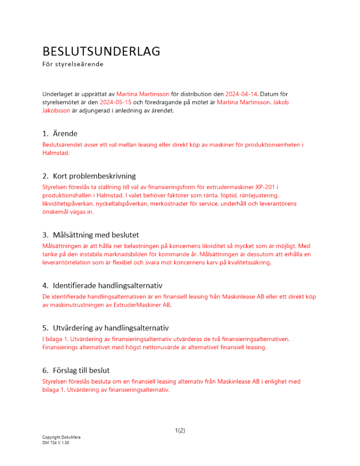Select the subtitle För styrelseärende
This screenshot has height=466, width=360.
tap(73, 64)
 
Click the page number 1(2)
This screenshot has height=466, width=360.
tap(180, 431)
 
